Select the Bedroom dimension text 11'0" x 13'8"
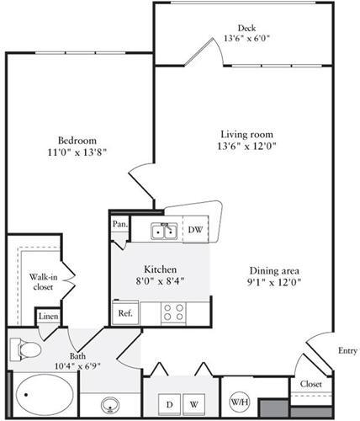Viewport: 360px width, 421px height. click(x=77, y=152)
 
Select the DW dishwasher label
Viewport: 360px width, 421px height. click(x=193, y=230)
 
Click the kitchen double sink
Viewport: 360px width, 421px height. click(x=162, y=230)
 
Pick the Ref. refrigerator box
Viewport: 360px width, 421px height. click(x=124, y=312)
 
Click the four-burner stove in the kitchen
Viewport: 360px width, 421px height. click(x=173, y=312)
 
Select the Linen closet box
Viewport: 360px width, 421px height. click(x=48, y=316)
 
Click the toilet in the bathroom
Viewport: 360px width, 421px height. click(x=26, y=348)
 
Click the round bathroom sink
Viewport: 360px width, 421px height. click(x=111, y=402)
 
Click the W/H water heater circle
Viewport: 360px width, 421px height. click(x=239, y=401)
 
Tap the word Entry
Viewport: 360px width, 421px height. click(x=345, y=351)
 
